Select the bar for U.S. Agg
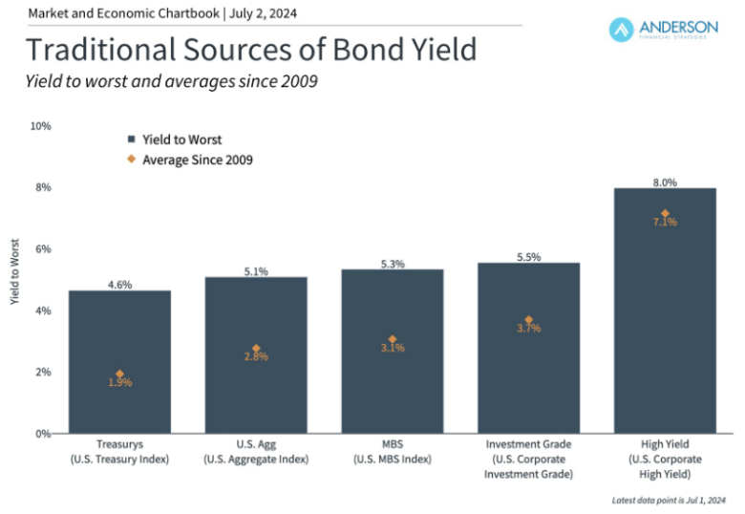(256, 354)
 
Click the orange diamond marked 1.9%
(119, 374)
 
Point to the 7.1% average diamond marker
(665, 213)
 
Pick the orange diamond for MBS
(392, 339)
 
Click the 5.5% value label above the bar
(528, 256)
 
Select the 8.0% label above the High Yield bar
(665, 182)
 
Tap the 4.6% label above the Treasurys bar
(119, 284)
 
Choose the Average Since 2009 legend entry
(190, 160)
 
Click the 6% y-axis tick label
(42, 249)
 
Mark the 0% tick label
(42, 434)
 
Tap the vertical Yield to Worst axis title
(14, 277)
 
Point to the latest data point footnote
(664, 500)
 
